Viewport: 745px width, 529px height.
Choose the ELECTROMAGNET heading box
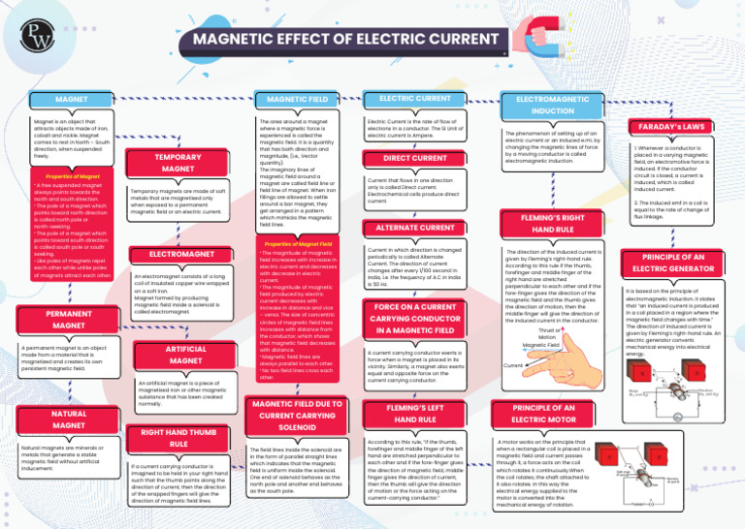click(178, 255)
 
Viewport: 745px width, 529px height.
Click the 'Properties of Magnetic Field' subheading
click(295, 244)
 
